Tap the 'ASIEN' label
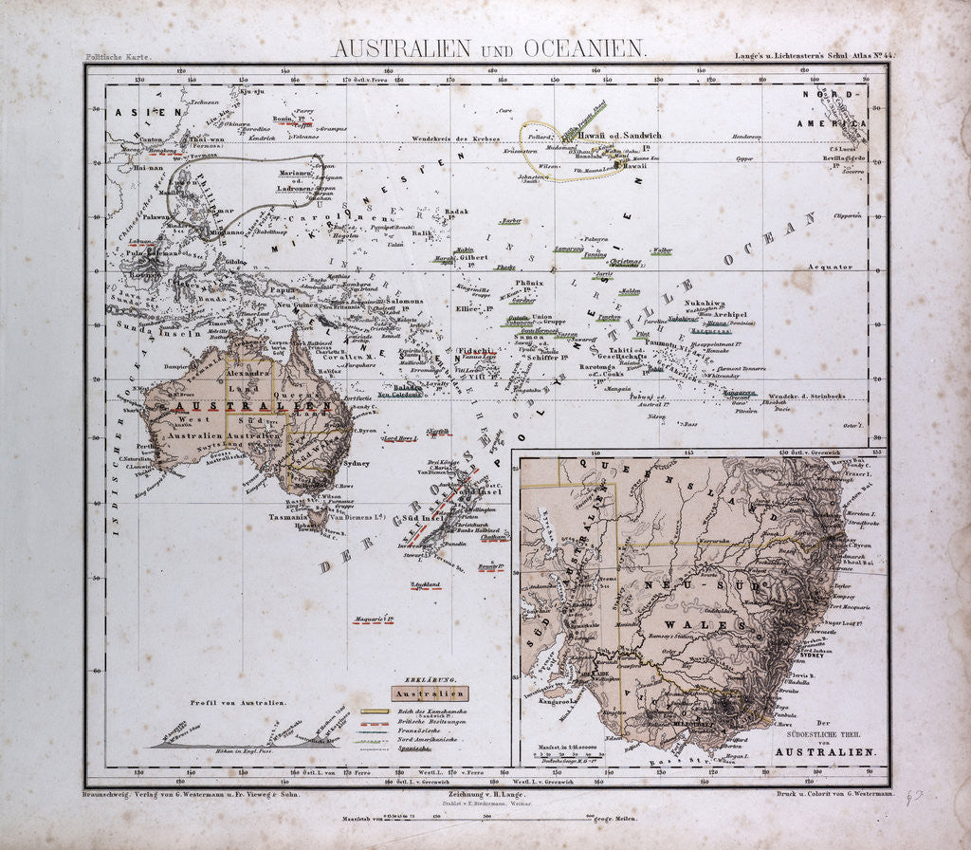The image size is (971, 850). [x=137, y=113]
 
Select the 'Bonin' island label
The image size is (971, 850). [x=282, y=119]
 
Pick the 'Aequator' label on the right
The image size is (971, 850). [x=830, y=268]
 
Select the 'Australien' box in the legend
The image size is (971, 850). [x=424, y=693]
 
